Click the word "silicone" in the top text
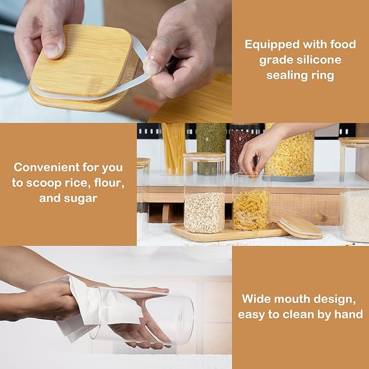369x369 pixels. [318, 60]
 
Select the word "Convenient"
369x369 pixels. [47, 167]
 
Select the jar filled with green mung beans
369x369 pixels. [211, 149]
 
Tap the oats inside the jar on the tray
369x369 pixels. [204, 212]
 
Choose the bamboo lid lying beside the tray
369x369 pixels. [300, 228]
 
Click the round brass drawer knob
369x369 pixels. [319, 217]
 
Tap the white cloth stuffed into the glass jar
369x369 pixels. [104, 306]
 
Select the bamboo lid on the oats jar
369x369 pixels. [204, 155]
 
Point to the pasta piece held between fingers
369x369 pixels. [255, 176]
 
